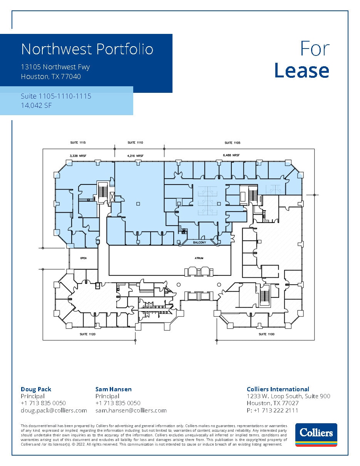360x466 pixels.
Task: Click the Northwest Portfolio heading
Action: pyautogui.click(x=87, y=49)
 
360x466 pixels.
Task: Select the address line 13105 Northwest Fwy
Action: pyautogui.click(x=55, y=67)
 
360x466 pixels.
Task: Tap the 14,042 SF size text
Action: pyautogui.click(x=36, y=105)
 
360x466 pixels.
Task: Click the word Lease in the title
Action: pyautogui.click(x=301, y=71)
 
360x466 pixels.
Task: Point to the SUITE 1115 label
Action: pyautogui.click(x=78, y=142)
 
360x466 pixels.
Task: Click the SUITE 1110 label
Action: pyautogui.click(x=135, y=142)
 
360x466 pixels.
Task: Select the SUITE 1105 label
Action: pyautogui.click(x=232, y=143)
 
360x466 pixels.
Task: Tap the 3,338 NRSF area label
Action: pyautogui.click(x=77, y=156)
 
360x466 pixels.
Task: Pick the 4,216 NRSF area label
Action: pyautogui.click(x=135, y=156)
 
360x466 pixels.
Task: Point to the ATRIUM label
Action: pyautogui.click(x=199, y=258)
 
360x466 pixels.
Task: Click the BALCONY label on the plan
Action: pyautogui.click(x=199, y=243)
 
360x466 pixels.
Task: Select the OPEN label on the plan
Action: pyautogui.click(x=83, y=258)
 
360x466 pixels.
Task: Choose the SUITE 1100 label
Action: pyautogui.click(x=266, y=334)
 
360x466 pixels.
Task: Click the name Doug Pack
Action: pyautogui.click(x=36, y=389)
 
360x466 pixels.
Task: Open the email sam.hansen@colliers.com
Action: pyautogui.click(x=131, y=411)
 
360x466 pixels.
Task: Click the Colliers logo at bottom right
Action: pyautogui.click(x=316, y=435)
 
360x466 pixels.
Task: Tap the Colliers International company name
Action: pyautogui.click(x=278, y=389)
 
